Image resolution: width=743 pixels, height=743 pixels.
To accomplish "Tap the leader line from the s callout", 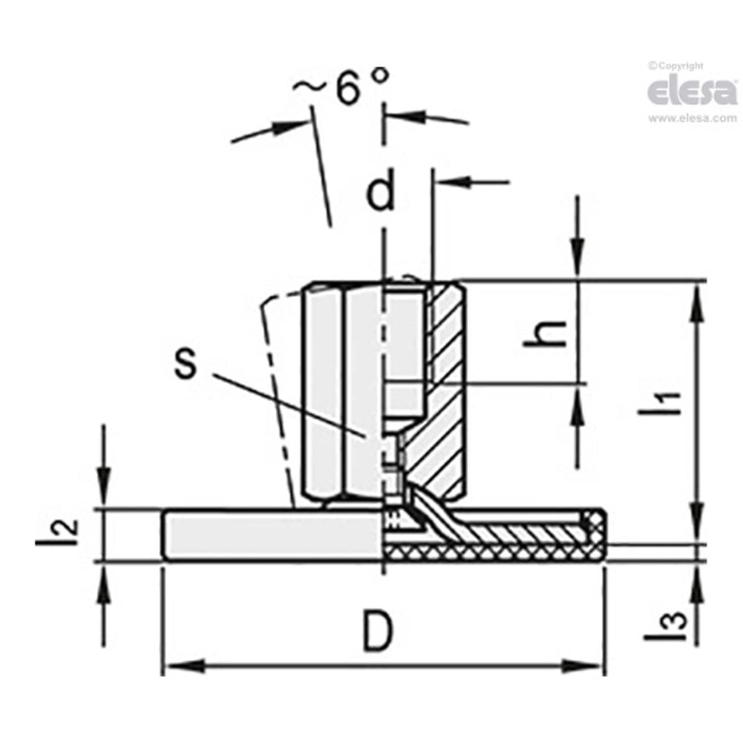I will [x=288, y=401].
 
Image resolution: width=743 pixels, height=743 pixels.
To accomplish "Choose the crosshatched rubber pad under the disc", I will [x=490, y=553].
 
